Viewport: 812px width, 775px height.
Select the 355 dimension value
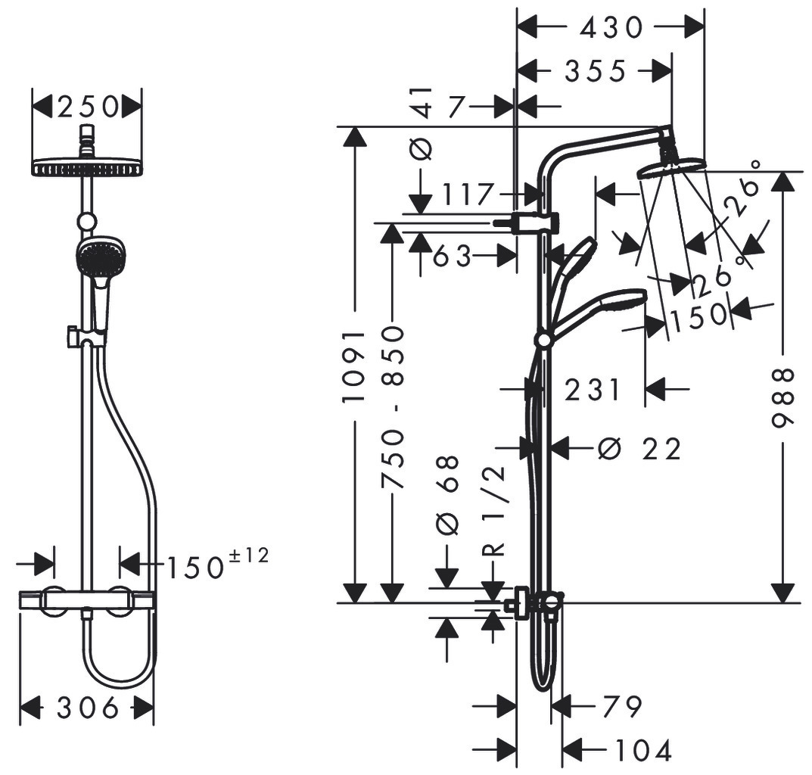coord(596,71)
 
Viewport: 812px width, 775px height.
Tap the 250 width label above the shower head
coord(87,107)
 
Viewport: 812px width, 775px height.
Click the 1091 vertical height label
coord(354,367)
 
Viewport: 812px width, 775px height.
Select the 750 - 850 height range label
coord(393,407)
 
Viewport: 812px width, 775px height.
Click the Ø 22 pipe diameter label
coord(639,449)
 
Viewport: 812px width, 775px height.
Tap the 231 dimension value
coord(592,390)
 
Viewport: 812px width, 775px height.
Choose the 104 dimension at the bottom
coord(642,749)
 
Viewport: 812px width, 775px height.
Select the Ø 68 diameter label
coord(448,495)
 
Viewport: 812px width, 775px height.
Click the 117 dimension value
coord(467,195)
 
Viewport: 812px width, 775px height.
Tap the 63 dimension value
coord(452,256)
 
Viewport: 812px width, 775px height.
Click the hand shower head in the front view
coord(99,257)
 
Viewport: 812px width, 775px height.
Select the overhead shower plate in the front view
coord(86,167)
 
